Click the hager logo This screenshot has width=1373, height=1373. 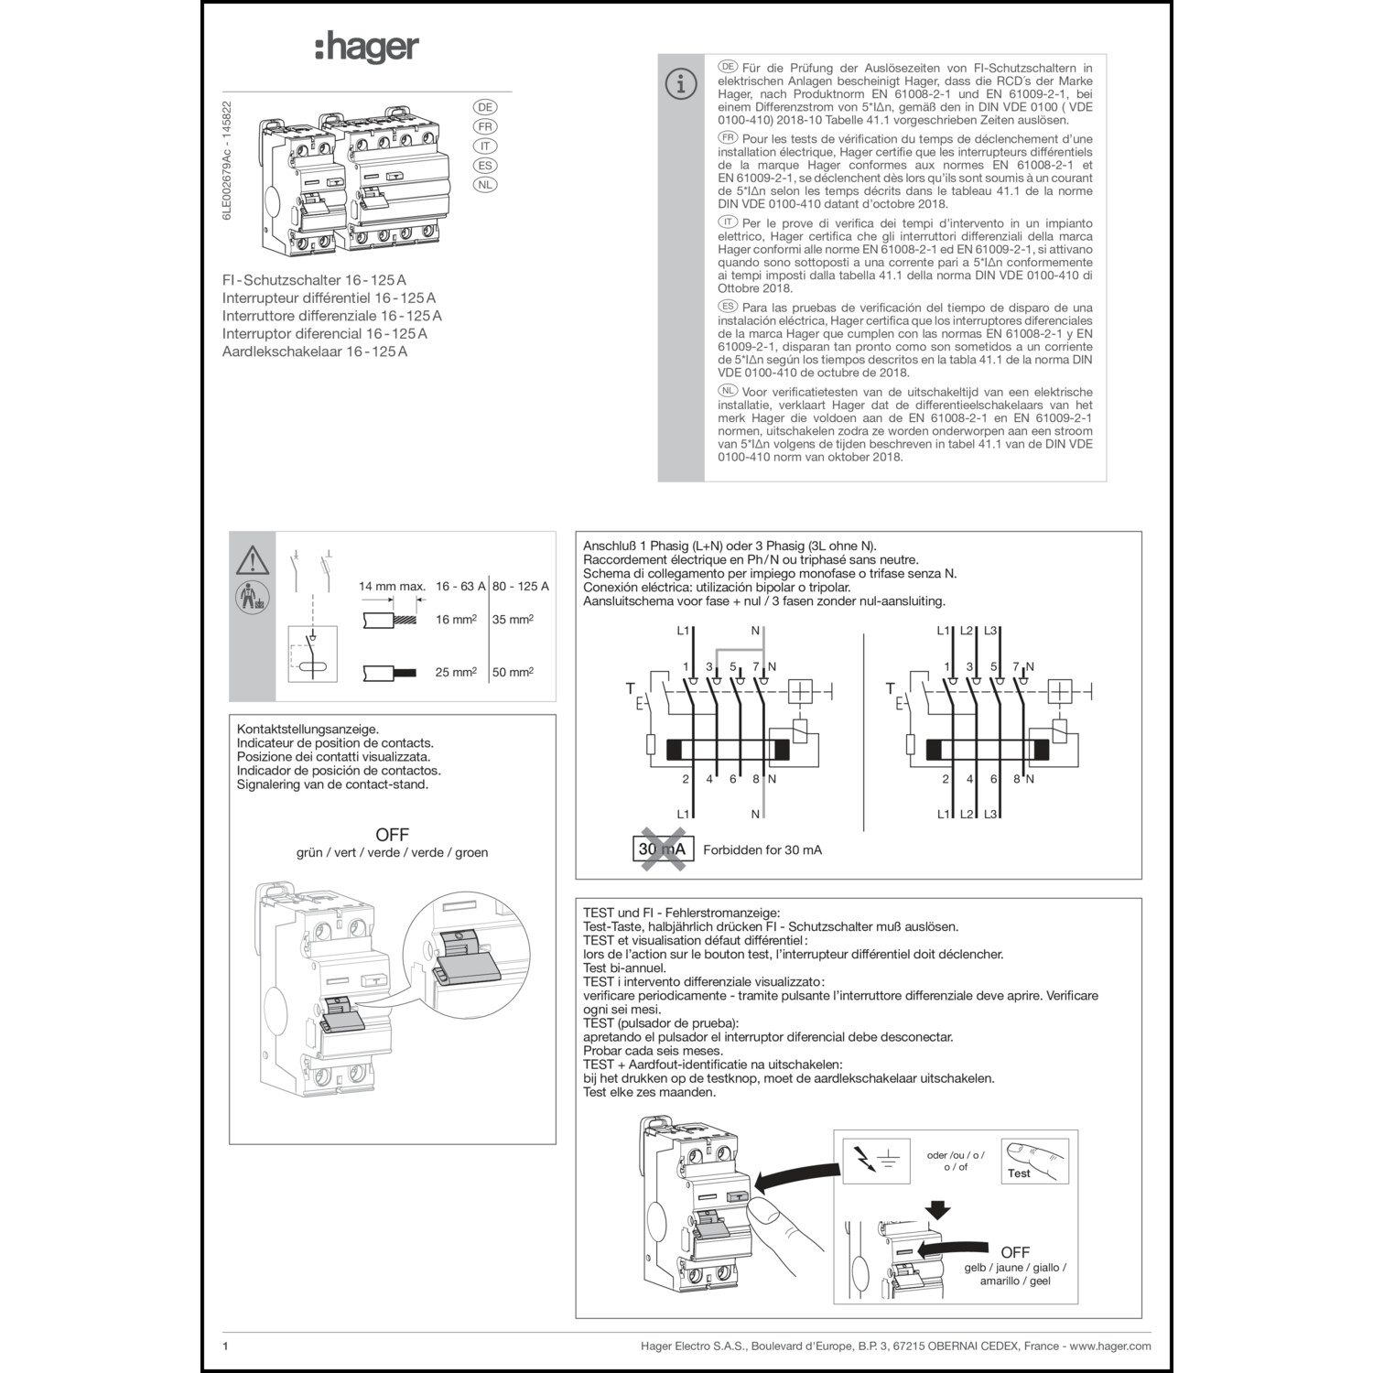click(x=367, y=48)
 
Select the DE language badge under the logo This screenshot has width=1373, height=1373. click(x=486, y=106)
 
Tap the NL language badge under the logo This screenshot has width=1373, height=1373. click(x=486, y=185)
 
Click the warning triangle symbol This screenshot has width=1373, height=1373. click(x=252, y=559)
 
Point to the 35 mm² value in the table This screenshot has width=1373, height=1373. click(x=513, y=619)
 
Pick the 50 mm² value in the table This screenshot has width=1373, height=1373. click(x=513, y=672)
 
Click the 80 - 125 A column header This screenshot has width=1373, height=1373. click(x=520, y=586)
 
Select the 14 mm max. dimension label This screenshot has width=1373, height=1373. click(x=392, y=586)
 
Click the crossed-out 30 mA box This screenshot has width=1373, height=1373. click(x=661, y=849)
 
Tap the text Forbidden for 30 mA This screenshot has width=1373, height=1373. click(x=762, y=849)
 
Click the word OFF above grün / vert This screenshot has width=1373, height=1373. click(x=392, y=835)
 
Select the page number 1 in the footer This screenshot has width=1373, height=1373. click(x=225, y=1346)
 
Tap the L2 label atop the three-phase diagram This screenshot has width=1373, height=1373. click(x=967, y=631)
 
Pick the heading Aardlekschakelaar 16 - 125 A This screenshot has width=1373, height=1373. click(x=314, y=351)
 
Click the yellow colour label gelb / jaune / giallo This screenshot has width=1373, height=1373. click(x=1014, y=1268)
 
